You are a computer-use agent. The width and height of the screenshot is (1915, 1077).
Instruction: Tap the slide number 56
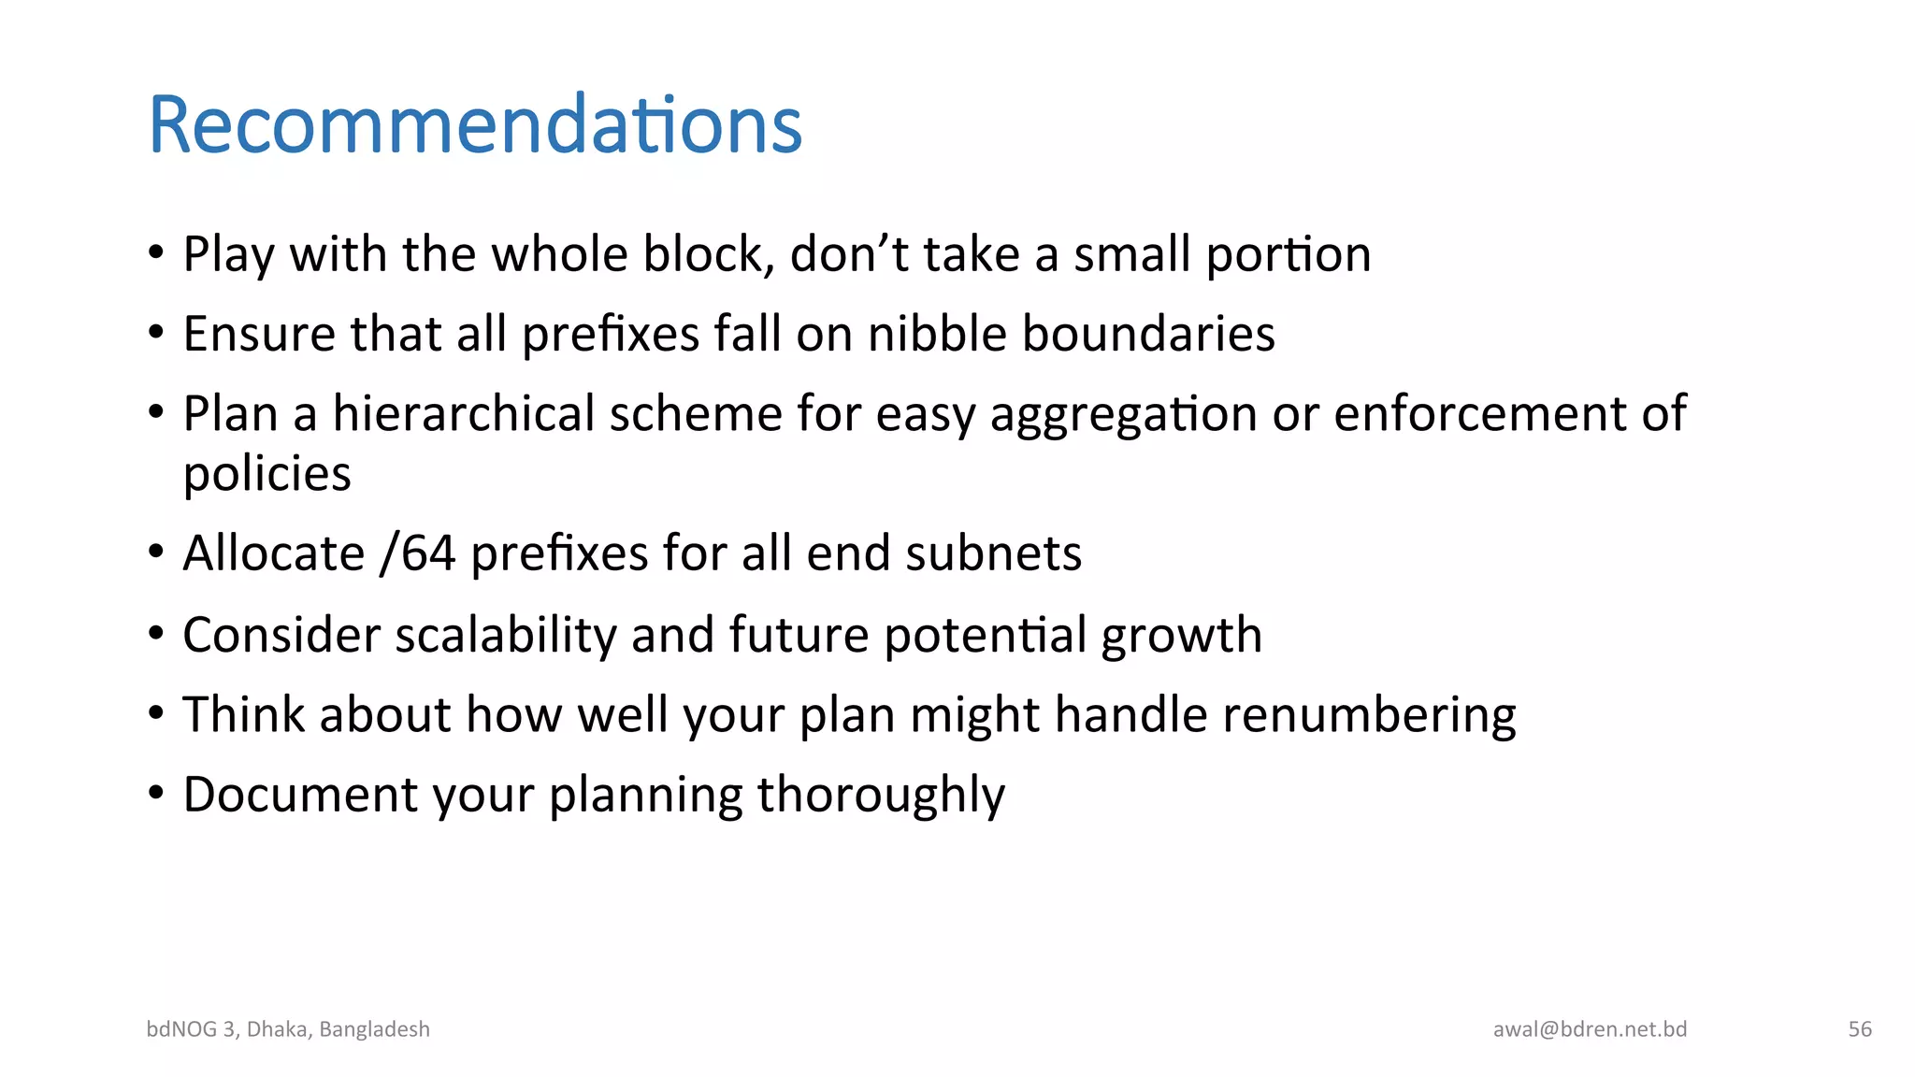[1860, 1029]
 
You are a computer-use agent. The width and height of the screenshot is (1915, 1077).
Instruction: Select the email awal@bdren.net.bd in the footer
[1590, 1029]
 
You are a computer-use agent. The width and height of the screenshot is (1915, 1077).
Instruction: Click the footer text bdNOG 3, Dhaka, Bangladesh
[288, 1029]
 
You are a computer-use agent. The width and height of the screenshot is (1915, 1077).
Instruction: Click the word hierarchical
[464, 413]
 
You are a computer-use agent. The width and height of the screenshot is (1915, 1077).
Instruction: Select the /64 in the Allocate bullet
[418, 553]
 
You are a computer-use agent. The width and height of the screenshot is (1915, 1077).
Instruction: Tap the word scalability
[506, 635]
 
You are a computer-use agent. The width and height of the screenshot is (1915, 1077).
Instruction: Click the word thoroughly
[881, 795]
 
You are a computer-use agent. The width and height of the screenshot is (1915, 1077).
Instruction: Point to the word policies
[267, 474]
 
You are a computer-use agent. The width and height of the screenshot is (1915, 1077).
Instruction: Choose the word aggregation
[1123, 414]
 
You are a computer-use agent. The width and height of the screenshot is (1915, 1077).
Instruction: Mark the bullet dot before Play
[156, 252]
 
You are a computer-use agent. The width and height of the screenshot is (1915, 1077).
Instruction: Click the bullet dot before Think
[156, 713]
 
